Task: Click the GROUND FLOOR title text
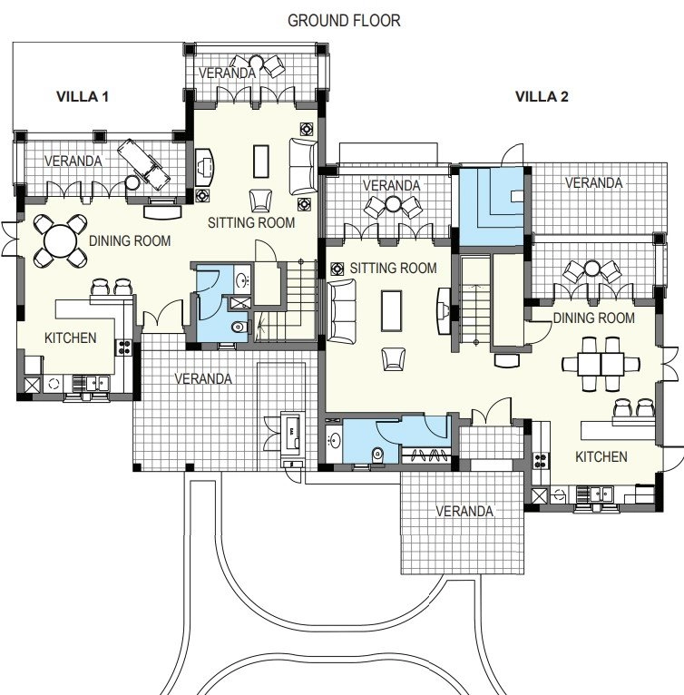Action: click(x=343, y=20)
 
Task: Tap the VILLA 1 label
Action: click(x=83, y=96)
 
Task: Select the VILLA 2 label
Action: click(x=542, y=96)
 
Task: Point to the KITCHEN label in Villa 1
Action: click(x=70, y=338)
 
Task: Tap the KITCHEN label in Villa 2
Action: click(x=601, y=456)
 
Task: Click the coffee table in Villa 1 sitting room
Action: click(x=261, y=161)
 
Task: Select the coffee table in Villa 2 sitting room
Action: click(x=392, y=309)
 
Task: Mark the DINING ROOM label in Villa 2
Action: click(x=593, y=318)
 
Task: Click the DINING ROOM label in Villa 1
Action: click(x=130, y=240)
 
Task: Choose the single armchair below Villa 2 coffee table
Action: click(x=393, y=359)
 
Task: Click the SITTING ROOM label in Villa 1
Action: click(x=251, y=222)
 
